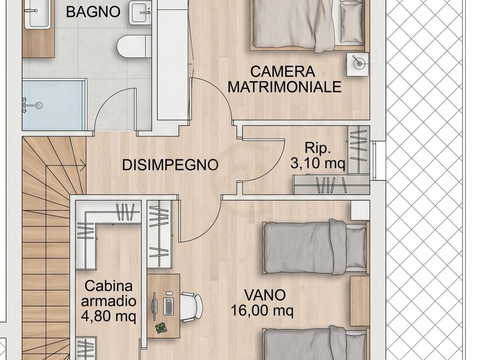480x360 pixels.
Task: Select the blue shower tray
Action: coord(52,105)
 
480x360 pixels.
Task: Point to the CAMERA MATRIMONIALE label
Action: coord(285,79)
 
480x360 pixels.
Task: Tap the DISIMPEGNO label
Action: coord(170,165)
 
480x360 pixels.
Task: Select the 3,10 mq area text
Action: coord(318,164)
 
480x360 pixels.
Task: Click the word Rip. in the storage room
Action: coord(318,148)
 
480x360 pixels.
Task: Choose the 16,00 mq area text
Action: coord(262,310)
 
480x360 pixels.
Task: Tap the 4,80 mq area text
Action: coord(108,317)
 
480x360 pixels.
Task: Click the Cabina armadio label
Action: coord(108,294)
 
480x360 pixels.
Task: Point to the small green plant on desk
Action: coord(160,328)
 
